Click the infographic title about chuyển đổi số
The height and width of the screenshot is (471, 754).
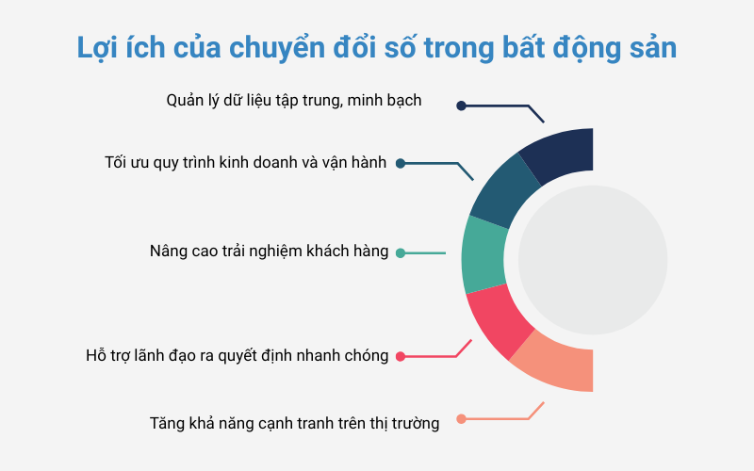(x=376, y=48)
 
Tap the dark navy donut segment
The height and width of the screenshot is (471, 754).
(x=560, y=154)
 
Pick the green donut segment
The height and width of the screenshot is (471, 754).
(x=484, y=254)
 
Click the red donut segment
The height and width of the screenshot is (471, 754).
(x=498, y=319)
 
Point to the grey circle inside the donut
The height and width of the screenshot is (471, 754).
(x=593, y=260)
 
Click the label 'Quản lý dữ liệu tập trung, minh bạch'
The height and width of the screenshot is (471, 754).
(x=294, y=101)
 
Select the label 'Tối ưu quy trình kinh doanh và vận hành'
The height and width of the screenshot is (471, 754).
(x=245, y=163)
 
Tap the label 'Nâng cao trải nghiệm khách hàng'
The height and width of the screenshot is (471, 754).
(x=269, y=252)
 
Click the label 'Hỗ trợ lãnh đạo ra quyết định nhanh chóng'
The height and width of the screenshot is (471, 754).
(x=238, y=356)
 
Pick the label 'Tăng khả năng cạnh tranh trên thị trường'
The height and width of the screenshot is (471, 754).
(x=294, y=424)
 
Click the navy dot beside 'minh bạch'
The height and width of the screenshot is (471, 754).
(x=461, y=106)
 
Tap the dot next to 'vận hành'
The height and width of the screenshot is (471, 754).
(x=400, y=163)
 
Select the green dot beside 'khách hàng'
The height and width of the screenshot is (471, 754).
(x=400, y=252)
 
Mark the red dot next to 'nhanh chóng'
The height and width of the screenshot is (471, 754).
(x=400, y=356)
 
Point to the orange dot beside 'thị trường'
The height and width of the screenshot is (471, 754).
(x=461, y=418)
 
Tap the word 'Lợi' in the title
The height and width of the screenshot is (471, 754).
(x=98, y=49)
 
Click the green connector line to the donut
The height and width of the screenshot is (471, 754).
(x=425, y=252)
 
